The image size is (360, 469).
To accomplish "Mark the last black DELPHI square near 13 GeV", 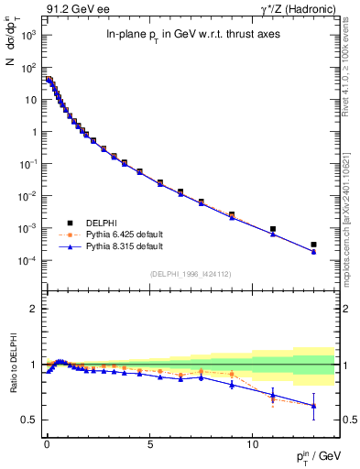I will [313, 245].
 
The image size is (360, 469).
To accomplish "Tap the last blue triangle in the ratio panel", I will [313, 406].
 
